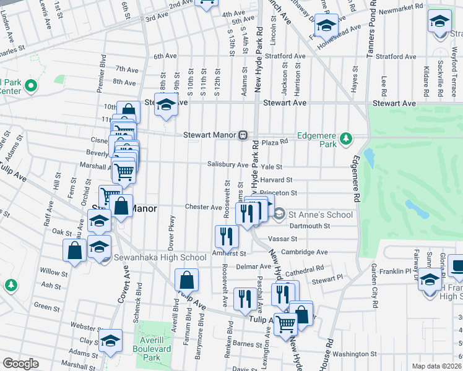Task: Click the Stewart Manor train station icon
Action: pos(244,135)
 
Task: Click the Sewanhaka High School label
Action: pos(160,257)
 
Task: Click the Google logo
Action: pos(20,364)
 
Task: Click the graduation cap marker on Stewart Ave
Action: pos(166,104)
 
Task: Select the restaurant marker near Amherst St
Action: pos(227,236)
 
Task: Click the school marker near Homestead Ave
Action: pos(326,26)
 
